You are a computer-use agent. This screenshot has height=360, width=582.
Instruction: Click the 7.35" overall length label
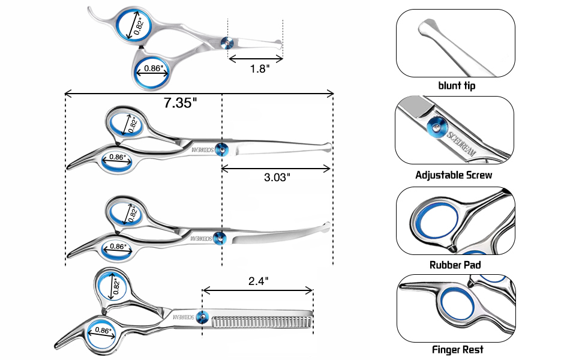click(180, 103)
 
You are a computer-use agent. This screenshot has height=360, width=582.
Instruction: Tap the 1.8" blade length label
click(259, 69)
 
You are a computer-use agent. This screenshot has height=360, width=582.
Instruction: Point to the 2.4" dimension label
click(258, 280)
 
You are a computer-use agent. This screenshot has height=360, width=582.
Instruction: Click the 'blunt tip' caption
click(457, 86)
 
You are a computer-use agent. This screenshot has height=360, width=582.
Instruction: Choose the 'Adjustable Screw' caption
click(454, 175)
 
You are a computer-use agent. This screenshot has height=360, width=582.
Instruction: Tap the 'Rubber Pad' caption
click(455, 264)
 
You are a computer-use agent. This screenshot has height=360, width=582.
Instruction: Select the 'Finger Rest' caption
click(457, 349)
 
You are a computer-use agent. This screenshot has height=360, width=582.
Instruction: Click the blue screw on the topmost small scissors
click(227, 41)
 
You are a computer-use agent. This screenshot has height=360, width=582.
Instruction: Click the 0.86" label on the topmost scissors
click(153, 68)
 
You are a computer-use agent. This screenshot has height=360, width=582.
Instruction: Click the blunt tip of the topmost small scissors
click(277, 44)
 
